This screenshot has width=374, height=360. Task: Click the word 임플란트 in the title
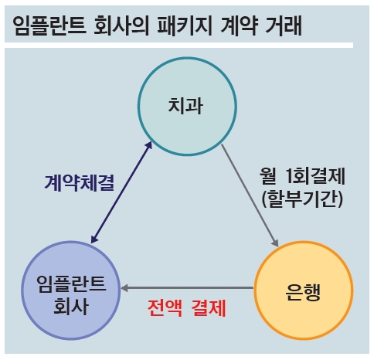pos(49,25)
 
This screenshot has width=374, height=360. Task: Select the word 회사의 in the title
pos(121,25)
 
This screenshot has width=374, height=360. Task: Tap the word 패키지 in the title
pos(185,25)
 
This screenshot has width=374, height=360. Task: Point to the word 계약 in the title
pos(240,25)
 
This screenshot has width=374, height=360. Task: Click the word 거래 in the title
pos(284,25)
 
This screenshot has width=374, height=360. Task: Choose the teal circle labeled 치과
pos(187,58)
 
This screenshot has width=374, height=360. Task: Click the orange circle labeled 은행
pos(304,243)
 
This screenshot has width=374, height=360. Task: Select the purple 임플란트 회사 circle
pos(70,243)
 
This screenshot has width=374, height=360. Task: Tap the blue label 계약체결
pos(80,183)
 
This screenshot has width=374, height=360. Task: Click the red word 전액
pos(165,307)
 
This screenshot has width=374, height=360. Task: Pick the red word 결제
pos(209,307)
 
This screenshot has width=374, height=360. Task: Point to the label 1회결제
pos(316,176)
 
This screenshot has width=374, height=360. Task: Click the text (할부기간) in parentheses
pos(302,199)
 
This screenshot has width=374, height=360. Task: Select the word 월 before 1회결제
pos(268,176)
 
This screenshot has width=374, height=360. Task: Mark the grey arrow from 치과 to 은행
pos(250,195)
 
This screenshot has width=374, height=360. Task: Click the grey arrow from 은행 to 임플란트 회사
pos(187,288)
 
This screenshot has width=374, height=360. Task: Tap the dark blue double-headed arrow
pos(121,192)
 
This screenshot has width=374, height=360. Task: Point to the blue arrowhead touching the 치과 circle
pos(149,145)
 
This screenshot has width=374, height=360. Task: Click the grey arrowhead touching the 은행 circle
pos(275,243)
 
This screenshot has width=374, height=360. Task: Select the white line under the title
pos(178,45)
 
